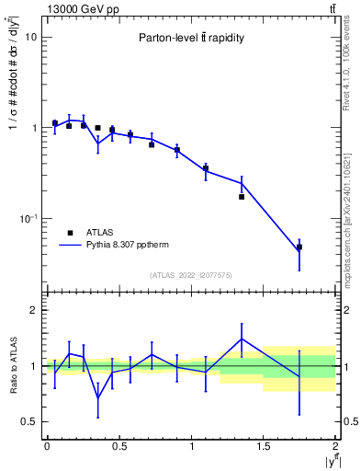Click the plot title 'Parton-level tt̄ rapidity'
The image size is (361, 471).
click(x=190, y=38)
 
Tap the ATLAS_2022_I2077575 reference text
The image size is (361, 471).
click(x=190, y=275)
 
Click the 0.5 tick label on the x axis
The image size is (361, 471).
click(x=118, y=446)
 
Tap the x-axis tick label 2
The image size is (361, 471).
click(x=335, y=446)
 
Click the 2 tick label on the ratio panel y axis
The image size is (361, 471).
click(x=34, y=311)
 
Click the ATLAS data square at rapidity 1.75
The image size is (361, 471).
click(x=299, y=247)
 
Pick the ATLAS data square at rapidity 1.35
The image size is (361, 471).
click(x=242, y=196)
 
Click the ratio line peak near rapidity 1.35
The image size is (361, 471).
click(x=242, y=339)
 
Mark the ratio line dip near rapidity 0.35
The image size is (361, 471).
click(x=97, y=397)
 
